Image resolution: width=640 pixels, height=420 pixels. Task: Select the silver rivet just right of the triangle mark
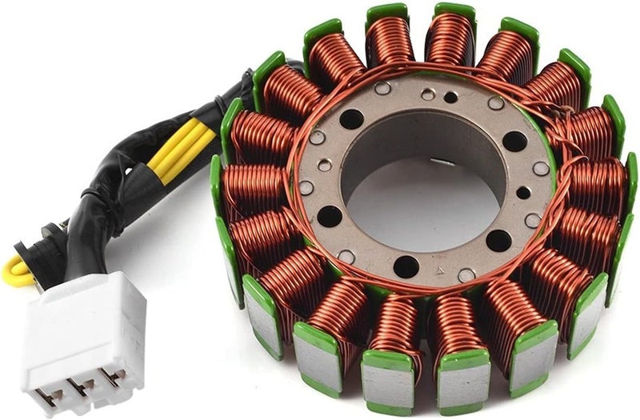(466, 274)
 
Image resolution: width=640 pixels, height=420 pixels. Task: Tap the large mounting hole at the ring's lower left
(329, 216)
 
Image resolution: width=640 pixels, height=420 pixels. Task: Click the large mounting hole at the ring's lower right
(498, 240)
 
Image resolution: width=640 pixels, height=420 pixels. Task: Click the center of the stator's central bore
(424, 180)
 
